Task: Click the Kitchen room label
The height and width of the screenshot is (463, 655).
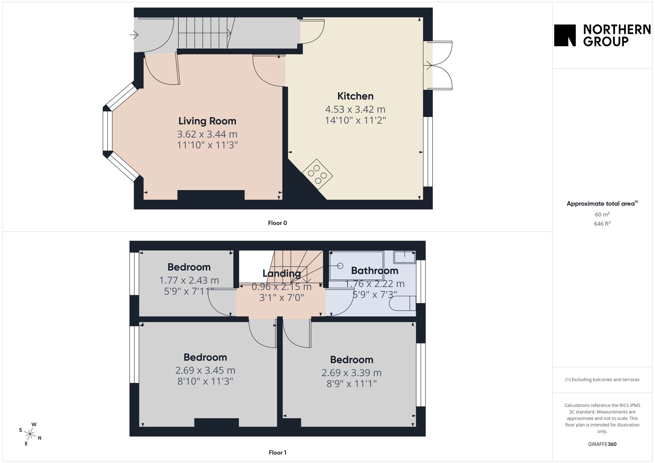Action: (x=355, y=96)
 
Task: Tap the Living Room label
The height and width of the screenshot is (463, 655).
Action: (x=207, y=121)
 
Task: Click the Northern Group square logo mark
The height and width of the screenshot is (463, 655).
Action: (x=565, y=35)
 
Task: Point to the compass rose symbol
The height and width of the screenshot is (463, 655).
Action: (x=30, y=434)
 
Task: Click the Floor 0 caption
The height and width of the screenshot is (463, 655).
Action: (x=277, y=223)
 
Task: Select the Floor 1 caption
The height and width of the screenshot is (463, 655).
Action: (x=277, y=453)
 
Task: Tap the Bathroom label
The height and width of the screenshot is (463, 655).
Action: (x=375, y=271)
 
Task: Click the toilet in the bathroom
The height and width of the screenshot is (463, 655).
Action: (x=403, y=303)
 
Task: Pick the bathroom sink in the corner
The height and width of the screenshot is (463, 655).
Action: (x=405, y=257)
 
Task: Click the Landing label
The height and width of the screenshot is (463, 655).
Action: (x=281, y=273)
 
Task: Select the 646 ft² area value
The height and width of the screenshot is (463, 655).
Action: (x=602, y=224)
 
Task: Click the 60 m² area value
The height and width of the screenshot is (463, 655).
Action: (x=602, y=214)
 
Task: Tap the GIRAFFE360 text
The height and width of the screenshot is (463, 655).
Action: (x=602, y=444)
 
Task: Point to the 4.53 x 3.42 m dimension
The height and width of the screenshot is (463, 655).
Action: (x=355, y=109)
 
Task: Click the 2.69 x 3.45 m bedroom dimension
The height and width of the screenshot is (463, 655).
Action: (x=205, y=370)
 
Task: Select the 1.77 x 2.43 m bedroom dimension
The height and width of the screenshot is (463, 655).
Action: (x=189, y=280)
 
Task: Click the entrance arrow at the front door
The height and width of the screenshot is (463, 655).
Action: (x=134, y=34)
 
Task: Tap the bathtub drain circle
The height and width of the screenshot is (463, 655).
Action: (x=340, y=266)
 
